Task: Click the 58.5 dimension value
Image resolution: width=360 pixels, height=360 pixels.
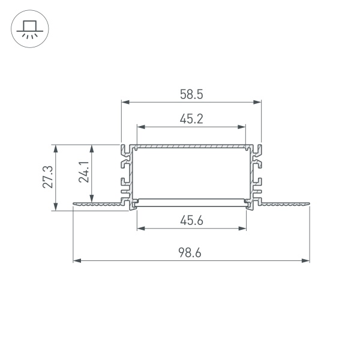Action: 191,94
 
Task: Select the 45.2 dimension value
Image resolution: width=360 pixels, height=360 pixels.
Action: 191,119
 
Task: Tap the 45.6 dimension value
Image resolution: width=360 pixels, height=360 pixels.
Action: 191,220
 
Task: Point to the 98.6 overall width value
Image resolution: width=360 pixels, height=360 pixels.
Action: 191,253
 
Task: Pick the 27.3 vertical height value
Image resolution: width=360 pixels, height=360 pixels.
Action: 49,177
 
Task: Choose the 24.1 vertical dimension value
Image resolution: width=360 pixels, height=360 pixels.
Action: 84,172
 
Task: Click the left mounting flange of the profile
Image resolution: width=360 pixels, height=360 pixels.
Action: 99,206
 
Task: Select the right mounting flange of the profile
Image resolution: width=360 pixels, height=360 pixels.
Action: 282,206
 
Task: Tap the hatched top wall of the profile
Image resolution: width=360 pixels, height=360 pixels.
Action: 191,146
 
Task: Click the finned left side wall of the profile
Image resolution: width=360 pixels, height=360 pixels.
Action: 127,174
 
